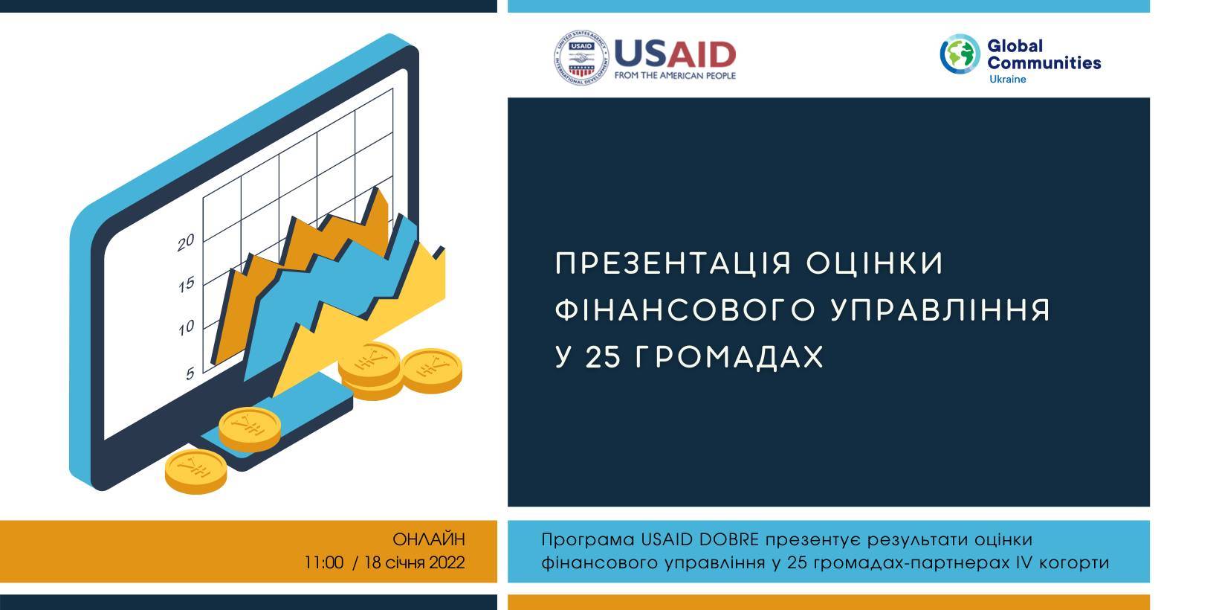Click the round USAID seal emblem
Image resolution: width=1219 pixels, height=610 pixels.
click(581, 58)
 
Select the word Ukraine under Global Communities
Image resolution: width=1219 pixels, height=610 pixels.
click(1007, 79)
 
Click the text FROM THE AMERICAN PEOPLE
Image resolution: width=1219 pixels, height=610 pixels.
click(675, 75)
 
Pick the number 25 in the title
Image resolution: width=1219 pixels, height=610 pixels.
click(603, 358)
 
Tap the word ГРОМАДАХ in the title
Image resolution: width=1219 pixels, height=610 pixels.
click(729, 358)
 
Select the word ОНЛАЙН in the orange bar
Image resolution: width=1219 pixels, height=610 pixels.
click(429, 539)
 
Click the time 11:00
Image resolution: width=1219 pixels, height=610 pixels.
click(324, 562)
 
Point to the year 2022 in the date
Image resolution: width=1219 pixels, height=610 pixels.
click(447, 562)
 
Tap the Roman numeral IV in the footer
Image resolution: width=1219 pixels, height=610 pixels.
click(1024, 562)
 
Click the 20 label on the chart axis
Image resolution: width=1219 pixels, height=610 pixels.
click(186, 243)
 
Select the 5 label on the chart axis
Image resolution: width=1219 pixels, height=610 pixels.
click(190, 373)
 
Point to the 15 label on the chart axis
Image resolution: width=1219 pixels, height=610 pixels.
click(186, 285)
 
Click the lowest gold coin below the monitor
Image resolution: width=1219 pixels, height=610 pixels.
click(196, 472)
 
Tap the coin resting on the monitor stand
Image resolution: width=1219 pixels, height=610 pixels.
click(250, 430)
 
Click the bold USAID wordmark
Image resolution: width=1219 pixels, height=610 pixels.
click(675, 54)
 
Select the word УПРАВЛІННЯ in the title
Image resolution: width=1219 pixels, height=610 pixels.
click(941, 310)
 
